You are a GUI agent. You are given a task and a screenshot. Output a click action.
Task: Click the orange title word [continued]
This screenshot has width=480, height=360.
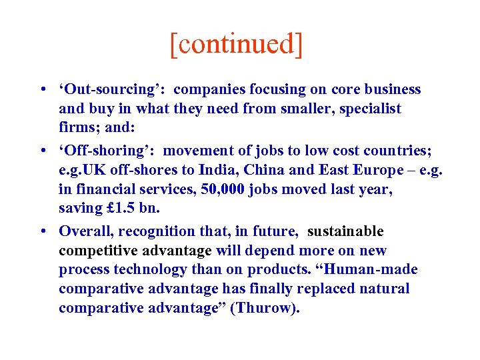(x=236, y=45)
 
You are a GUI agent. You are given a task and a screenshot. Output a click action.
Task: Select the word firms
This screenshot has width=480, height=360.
(x=76, y=127)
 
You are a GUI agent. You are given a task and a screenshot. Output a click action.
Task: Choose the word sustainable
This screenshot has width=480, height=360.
(x=345, y=231)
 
